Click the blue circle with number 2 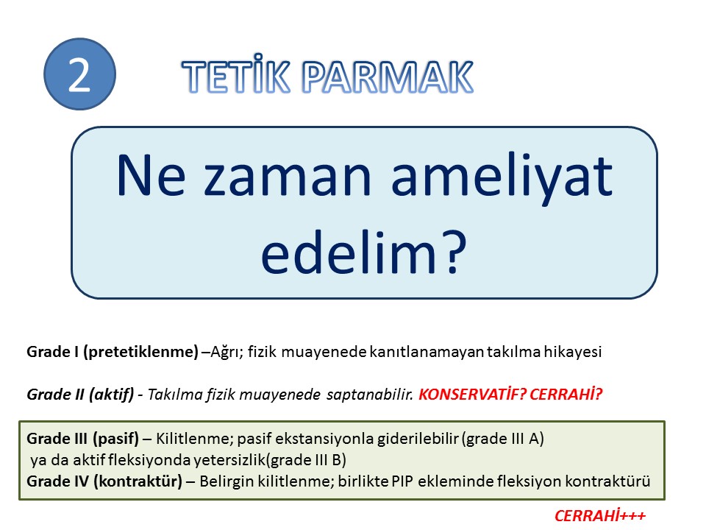[x=79, y=74]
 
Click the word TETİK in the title [x=236, y=77]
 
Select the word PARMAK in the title [x=388, y=77]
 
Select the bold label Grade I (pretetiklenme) [x=113, y=352]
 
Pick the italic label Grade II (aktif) [x=81, y=395]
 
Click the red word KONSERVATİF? [x=472, y=395]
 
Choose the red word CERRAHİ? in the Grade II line [x=566, y=395]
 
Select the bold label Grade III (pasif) [x=83, y=438]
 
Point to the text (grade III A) [x=502, y=438]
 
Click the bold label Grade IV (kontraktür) [x=104, y=481]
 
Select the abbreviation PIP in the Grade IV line [x=402, y=481]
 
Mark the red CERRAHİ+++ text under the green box [x=600, y=515]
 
